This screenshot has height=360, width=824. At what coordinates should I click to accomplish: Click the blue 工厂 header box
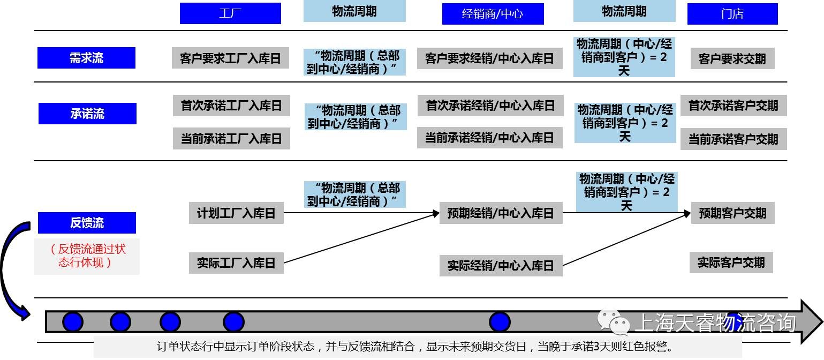point(230,13)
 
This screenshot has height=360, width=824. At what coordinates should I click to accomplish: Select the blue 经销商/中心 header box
point(493,14)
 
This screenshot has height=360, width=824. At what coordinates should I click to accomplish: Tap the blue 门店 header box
point(732,14)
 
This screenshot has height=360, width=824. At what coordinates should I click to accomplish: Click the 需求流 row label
point(86,58)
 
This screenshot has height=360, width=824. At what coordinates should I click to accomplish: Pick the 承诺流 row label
point(87,114)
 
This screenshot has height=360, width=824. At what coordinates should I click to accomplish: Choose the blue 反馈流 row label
point(87,223)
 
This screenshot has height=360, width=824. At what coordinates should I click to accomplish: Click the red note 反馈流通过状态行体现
point(87,256)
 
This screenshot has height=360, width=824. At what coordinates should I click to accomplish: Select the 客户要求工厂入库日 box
point(230,58)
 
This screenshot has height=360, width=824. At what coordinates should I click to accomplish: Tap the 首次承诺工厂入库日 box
point(231,105)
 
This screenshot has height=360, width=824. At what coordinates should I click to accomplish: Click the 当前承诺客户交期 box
point(733,139)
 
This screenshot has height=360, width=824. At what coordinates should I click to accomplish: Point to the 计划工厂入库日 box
point(236,213)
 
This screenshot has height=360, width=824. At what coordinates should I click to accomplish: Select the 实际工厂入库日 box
point(236,263)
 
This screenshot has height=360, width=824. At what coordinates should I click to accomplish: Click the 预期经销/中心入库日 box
point(501,213)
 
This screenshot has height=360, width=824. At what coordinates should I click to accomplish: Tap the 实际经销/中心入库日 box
point(501,266)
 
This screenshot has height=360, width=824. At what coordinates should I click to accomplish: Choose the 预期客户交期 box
point(732,213)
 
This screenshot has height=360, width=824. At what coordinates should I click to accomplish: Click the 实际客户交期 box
point(731,262)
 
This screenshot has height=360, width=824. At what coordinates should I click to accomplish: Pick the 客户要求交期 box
point(732,58)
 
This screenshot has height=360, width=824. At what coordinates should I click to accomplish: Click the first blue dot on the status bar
point(73,322)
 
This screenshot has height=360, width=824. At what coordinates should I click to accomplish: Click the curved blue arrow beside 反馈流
point(12,268)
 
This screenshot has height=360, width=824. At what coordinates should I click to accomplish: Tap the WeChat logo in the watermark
point(614,322)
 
